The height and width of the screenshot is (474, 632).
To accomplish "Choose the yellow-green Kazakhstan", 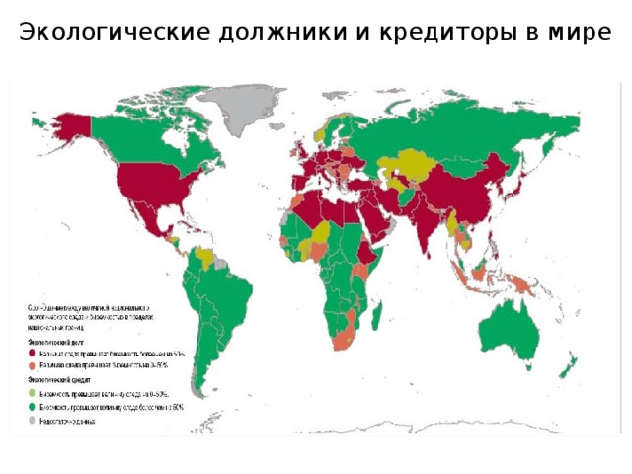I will (415, 163).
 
